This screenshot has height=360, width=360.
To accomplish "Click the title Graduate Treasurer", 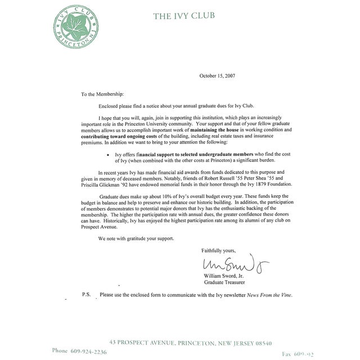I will (223, 282).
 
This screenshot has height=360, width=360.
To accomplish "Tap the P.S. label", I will (85, 295).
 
